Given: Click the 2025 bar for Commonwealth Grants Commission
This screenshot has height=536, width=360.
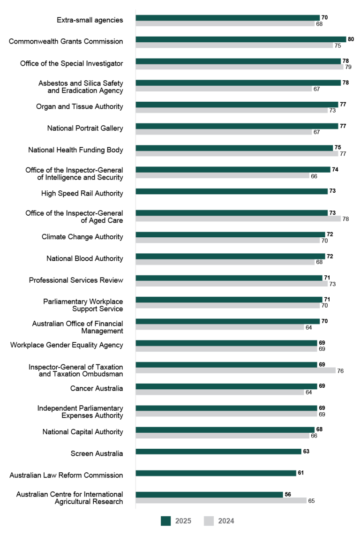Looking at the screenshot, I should tap(241, 39).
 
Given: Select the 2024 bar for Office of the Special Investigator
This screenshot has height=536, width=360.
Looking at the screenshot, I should tap(240, 67).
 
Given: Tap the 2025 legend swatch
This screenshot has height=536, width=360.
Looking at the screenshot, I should tap(165, 521).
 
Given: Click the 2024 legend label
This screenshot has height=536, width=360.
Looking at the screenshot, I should tap(226, 521).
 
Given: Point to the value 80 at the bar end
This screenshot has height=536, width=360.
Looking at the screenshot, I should tap(351, 39).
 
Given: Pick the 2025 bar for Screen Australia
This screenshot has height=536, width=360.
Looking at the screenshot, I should tap(218, 452).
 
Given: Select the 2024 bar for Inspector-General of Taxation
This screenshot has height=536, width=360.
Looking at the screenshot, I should tap(236, 370).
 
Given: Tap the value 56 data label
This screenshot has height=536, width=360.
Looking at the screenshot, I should tap(288, 495).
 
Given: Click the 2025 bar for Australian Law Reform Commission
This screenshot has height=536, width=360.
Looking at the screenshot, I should tap(216, 473).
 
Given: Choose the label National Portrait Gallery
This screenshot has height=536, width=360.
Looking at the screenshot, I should tap(85, 128).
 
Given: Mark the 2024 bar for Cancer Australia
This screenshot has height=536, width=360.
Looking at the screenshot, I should tap(220, 392).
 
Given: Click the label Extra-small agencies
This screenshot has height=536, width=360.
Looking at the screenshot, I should tap(90, 20).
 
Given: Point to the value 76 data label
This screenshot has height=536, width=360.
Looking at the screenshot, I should tap(340, 370).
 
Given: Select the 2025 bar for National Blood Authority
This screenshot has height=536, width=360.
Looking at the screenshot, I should tap(230, 257).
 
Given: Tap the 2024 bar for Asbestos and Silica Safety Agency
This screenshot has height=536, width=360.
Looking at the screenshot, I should tap(224, 89).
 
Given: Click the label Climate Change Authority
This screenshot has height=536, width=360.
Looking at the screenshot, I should tap(82, 237).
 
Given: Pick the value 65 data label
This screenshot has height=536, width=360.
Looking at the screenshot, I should tap(311, 501).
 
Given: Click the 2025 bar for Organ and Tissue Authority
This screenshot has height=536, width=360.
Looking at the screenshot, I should tap(237, 105).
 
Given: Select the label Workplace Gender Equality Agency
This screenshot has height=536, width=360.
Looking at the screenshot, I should tap(67, 345).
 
